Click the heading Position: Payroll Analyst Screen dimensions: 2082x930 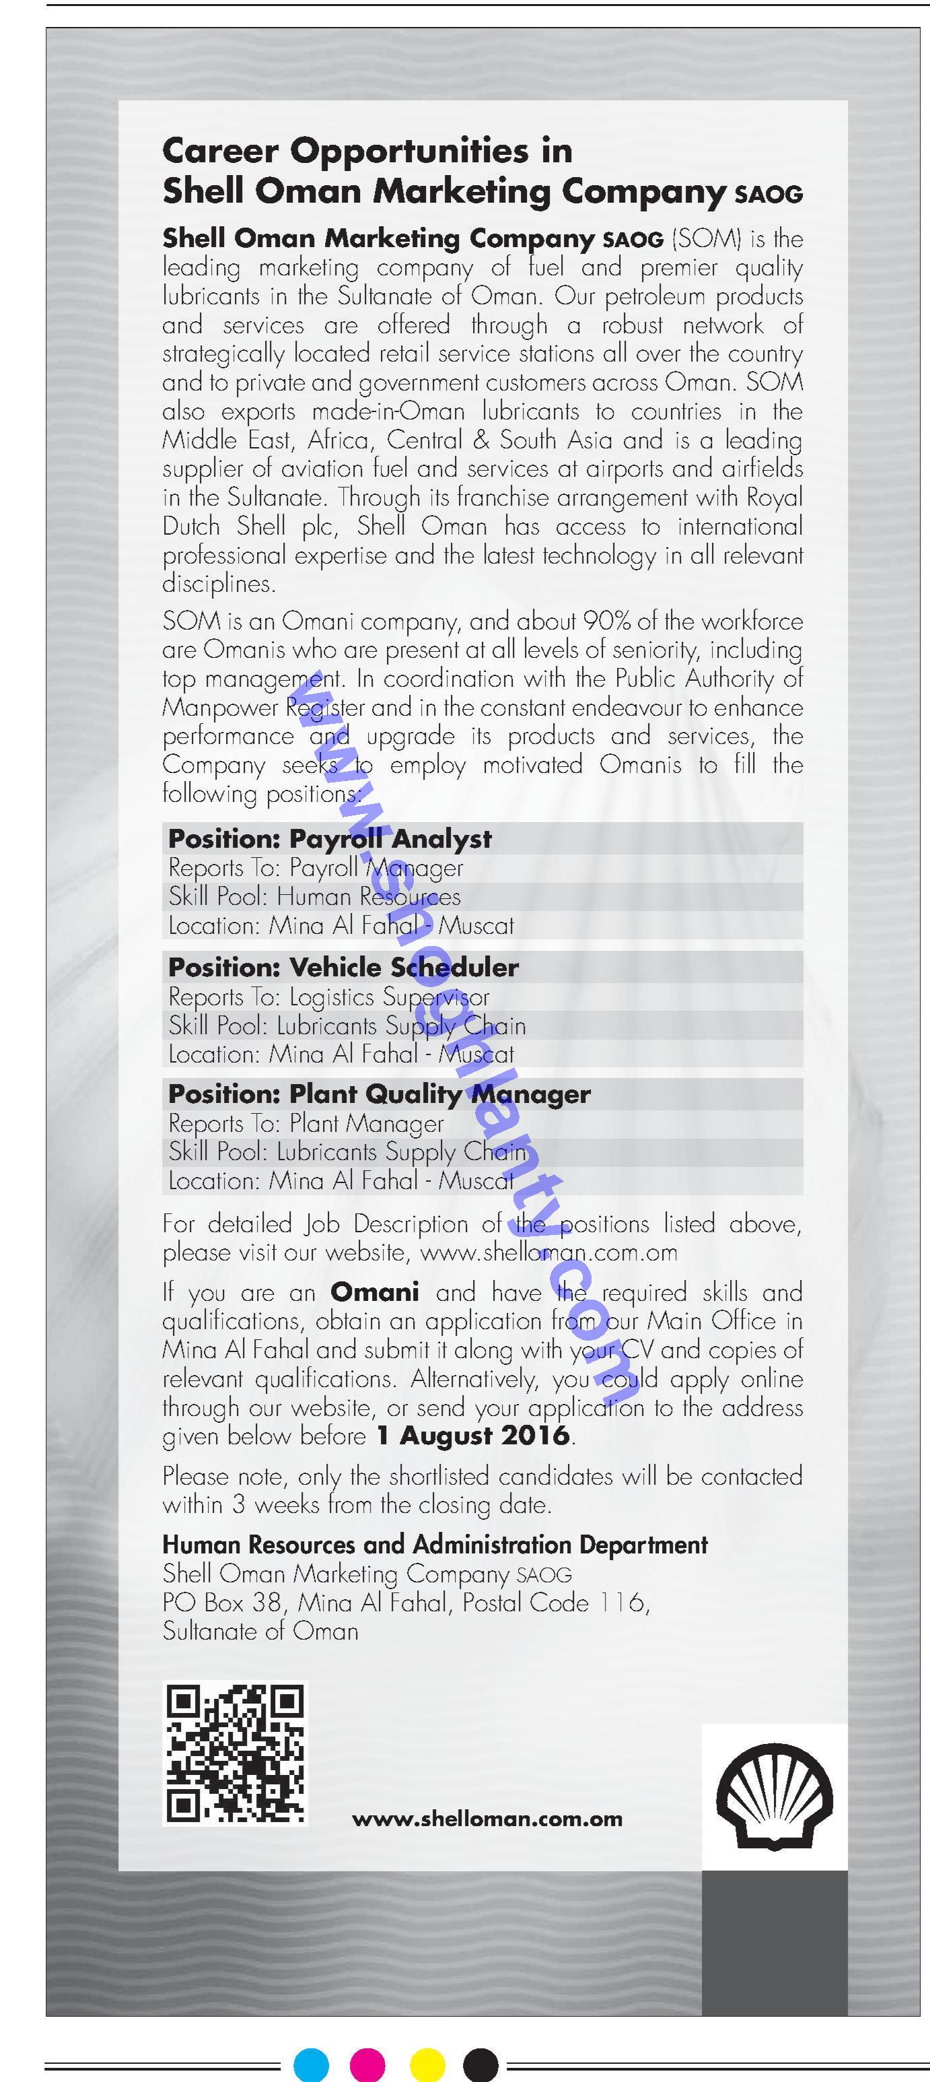pyautogui.click(x=330, y=839)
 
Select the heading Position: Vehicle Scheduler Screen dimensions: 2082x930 pyautogui.click(x=343, y=967)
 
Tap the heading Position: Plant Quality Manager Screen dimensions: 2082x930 pyautogui.click(x=379, y=1094)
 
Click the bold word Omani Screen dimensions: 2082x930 pyautogui.click(x=375, y=1291)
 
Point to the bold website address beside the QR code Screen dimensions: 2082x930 pyautogui.click(x=487, y=1819)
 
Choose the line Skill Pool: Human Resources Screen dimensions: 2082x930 pyautogui.click(x=314, y=896)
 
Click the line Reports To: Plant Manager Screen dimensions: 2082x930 pyautogui.click(x=306, y=1123)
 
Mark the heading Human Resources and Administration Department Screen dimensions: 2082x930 pyautogui.click(x=435, y=1545)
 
